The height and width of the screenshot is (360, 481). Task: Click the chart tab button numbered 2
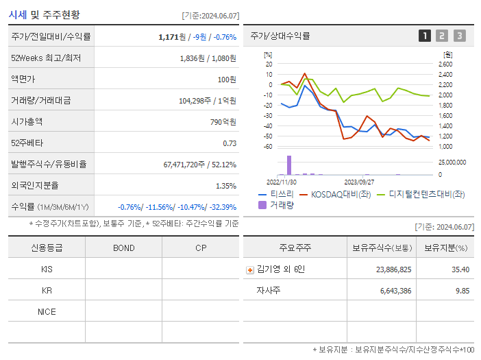coord(442,36)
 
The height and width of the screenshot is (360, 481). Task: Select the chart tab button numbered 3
coord(459,36)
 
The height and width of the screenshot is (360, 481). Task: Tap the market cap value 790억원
coord(223,121)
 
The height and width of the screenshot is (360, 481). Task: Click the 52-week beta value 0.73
coord(230,143)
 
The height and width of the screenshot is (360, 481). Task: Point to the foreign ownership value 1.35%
coord(225,185)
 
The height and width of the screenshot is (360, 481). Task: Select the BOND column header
coord(123,248)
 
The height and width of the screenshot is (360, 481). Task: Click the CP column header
coord(201,248)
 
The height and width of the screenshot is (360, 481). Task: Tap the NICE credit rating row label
coord(47,311)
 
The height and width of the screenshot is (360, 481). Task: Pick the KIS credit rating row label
coord(47,269)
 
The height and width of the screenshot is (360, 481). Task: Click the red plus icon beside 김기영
coord(250,269)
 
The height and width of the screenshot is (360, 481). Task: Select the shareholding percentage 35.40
coord(460,269)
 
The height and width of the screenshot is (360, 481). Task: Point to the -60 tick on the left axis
coord(268,147)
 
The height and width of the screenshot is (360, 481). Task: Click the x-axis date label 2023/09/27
coord(359,182)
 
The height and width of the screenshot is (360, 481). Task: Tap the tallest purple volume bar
coord(289,165)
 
